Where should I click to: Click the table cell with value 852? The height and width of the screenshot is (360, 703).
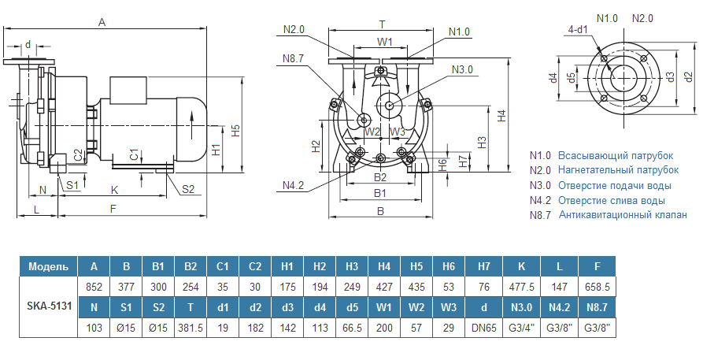pyautogui.click(x=94, y=288)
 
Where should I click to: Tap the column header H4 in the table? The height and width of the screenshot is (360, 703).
pyautogui.click(x=384, y=266)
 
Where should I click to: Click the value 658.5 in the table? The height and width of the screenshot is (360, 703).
pyautogui.click(x=597, y=288)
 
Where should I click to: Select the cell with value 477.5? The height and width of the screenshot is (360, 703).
pyautogui.click(x=520, y=288)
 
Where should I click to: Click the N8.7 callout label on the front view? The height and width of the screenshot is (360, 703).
pyautogui.click(x=293, y=57)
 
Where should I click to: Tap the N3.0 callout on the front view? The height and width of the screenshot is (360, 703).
pyautogui.click(x=462, y=69)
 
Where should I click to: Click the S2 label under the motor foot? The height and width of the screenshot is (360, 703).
pyautogui.click(x=188, y=189)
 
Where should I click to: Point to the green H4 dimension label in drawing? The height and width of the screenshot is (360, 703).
pyautogui.click(x=501, y=115)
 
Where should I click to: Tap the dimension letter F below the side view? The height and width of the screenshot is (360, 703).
pyautogui.click(x=113, y=209)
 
